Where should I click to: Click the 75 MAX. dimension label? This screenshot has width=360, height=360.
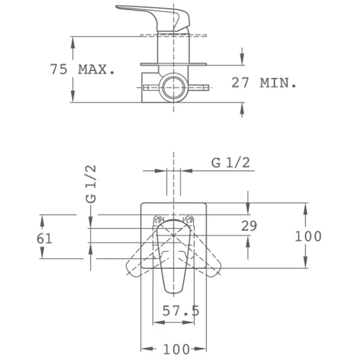[x=82, y=69]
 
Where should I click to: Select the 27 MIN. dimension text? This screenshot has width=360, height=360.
[x=264, y=83]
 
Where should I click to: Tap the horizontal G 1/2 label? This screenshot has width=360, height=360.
[x=231, y=163]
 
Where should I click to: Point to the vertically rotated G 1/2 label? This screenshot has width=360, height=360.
[x=91, y=184]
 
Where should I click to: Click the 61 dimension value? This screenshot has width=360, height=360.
[x=44, y=238]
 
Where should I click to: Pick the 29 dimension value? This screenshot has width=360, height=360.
[x=249, y=226]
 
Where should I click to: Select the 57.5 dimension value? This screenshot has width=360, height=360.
[x=181, y=311]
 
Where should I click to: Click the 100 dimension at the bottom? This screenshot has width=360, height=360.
[x=176, y=349]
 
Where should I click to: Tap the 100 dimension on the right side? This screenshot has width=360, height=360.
[x=308, y=236]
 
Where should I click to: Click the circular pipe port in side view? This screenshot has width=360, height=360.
[x=174, y=87]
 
